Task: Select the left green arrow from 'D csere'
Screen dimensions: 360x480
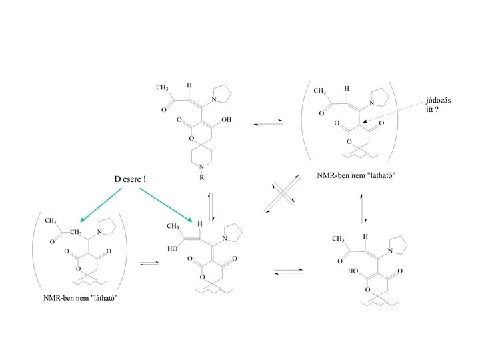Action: pos(100,205)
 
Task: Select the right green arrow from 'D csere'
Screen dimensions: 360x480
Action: pos(167,205)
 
